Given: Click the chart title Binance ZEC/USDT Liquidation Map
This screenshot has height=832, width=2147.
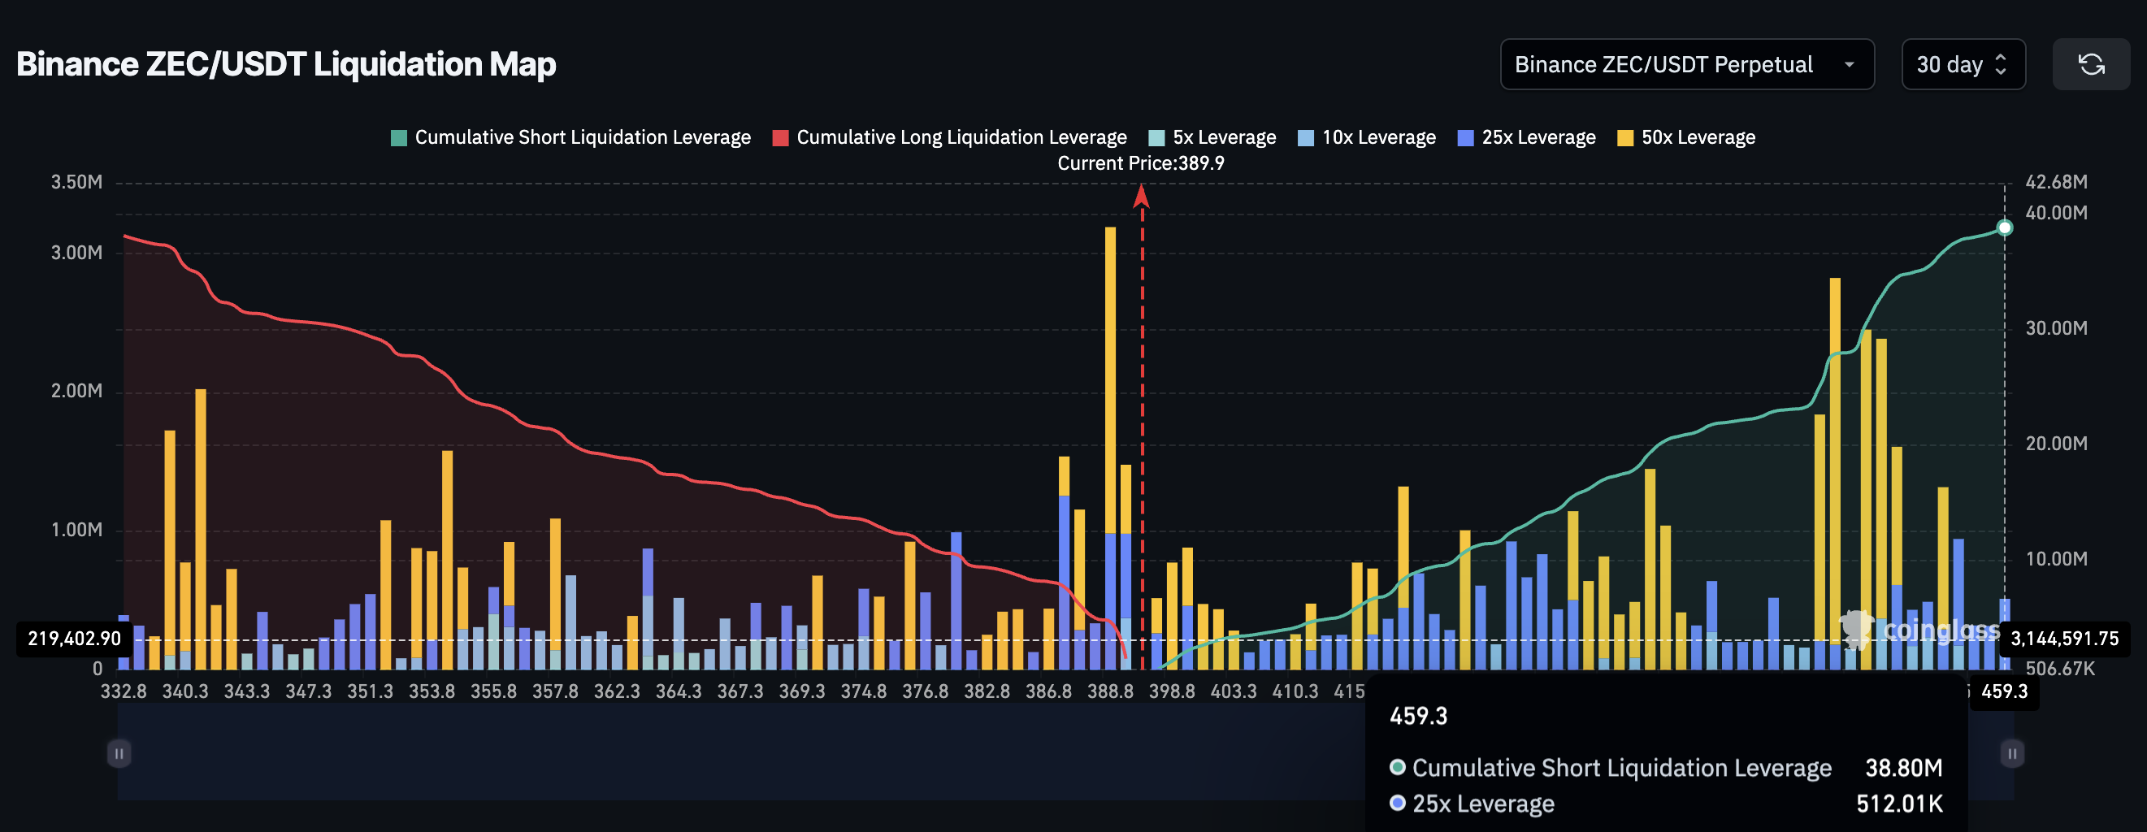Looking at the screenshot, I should point(286,64).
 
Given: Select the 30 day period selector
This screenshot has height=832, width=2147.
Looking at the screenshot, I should point(1962,64).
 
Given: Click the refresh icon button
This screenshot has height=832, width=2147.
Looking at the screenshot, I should point(2090,64).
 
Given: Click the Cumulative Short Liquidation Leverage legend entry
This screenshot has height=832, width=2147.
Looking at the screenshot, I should point(571,137).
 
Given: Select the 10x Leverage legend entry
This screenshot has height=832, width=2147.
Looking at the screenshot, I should point(1367,137).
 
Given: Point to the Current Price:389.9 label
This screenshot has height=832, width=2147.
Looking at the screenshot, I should point(1140,163).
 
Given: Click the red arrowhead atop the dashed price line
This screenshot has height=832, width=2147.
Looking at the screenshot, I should point(1141,197).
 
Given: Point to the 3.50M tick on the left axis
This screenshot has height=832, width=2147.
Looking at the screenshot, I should point(76,182).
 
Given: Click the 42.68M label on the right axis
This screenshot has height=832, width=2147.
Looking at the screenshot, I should point(2055,182).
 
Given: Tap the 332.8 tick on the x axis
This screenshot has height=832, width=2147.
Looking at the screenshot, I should point(124,691).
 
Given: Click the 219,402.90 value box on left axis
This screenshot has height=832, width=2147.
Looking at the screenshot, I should point(74,639).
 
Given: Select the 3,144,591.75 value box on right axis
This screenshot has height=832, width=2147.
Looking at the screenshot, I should point(2063,639).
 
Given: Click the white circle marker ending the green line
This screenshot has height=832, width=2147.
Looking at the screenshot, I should point(2004,227).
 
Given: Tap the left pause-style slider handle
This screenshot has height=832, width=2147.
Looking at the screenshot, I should point(119,754).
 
